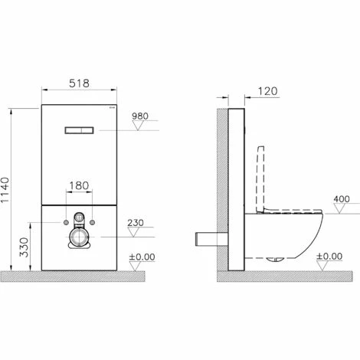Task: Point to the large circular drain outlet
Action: coord(78,238)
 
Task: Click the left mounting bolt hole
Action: coord(61,223)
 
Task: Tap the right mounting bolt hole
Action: coord(95,223)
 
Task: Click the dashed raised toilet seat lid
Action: coord(260,176)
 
